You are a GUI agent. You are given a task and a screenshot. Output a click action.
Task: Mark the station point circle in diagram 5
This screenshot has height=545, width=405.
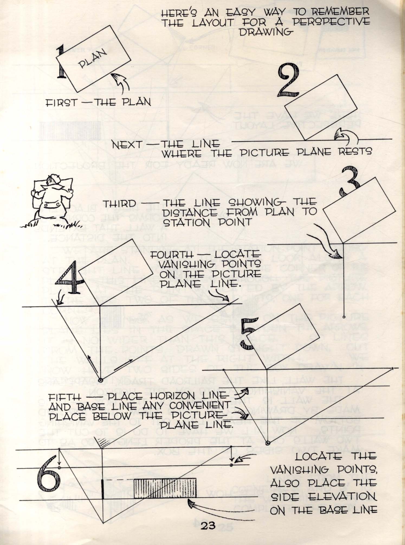coord(268,443)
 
